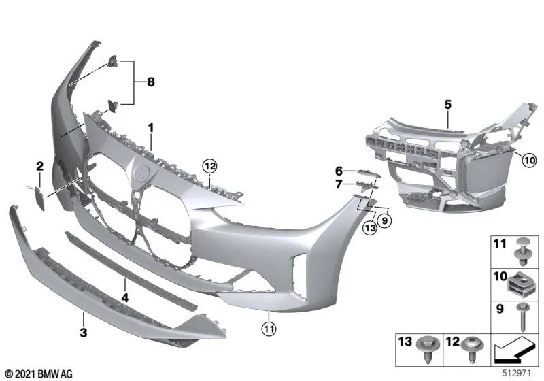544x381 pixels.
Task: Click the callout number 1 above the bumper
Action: (151, 127)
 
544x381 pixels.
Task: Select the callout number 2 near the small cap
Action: (40, 165)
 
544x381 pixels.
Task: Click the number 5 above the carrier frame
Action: (448, 105)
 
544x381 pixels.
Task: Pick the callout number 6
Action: (337, 171)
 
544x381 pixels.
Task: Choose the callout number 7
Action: (337, 184)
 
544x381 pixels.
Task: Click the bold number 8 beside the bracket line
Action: (150, 82)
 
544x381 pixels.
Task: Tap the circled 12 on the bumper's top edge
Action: (209, 165)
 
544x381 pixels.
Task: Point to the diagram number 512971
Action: (522, 373)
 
